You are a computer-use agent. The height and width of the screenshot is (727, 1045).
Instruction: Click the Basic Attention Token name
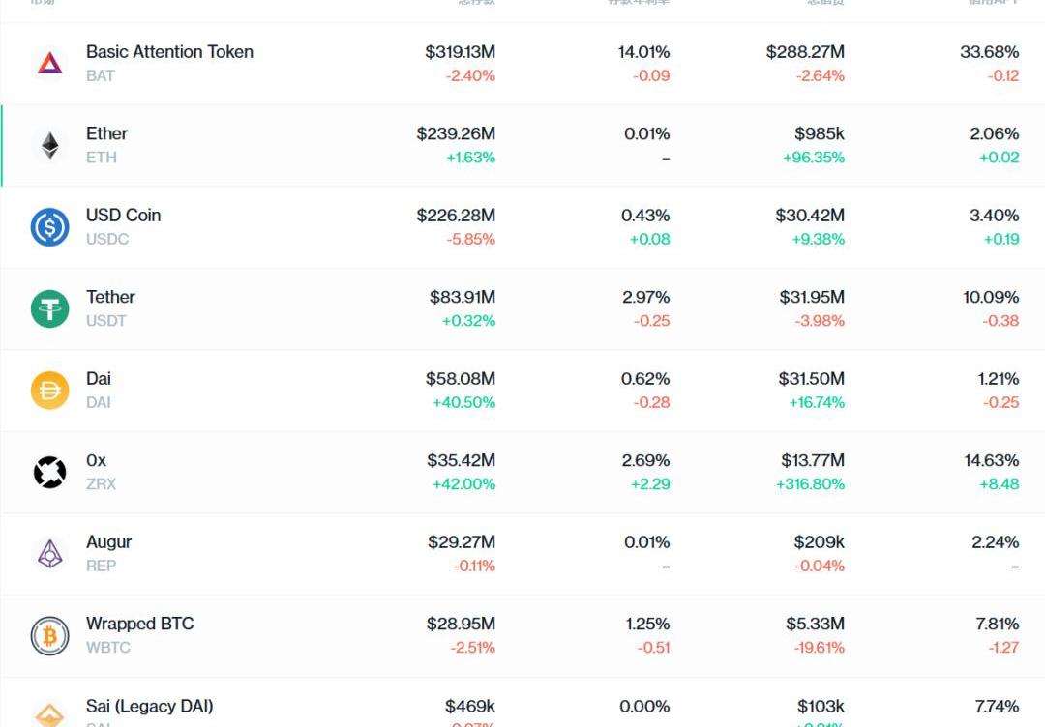169,52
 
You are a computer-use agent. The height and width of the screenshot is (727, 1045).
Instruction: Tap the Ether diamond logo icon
49,146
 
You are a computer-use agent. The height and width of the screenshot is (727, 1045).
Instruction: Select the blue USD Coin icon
49,227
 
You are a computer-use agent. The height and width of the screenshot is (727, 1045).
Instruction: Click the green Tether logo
49,309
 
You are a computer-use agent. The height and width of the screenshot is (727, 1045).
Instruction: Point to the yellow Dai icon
49,391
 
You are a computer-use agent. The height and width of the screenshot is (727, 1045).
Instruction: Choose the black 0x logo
49,473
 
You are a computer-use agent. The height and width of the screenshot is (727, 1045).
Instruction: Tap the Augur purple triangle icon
49,554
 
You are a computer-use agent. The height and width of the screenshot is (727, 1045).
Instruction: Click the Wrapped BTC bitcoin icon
49,636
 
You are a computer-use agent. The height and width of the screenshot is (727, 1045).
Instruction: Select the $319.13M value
460,52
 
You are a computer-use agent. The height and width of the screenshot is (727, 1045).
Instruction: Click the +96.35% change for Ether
814,158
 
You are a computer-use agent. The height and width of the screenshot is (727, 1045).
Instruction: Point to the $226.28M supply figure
456,216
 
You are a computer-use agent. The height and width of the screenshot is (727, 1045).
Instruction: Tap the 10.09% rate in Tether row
991,297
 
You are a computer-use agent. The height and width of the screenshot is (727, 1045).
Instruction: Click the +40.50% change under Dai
463,402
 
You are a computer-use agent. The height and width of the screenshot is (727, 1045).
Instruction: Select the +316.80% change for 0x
810,484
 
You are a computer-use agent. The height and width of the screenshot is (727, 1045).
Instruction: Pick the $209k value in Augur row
819,542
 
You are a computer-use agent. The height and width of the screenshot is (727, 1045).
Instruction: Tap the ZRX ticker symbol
101,484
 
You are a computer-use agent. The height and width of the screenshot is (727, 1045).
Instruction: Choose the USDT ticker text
106,321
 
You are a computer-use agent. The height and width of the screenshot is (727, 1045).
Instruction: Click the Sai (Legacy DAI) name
150,706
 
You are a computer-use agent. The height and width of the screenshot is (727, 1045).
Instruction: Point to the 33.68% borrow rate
990,52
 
